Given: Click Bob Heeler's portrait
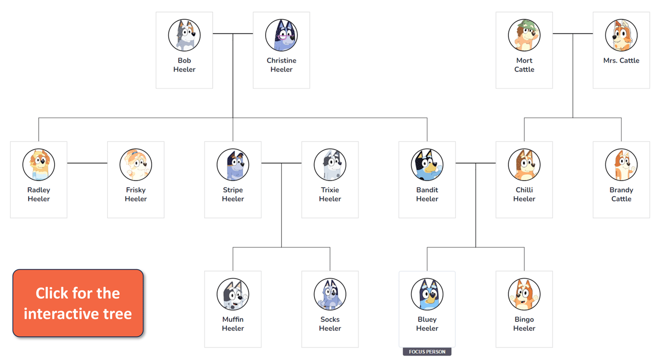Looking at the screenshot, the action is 184,35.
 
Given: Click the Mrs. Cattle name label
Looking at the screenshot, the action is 621,60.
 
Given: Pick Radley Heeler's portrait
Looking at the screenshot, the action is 39,164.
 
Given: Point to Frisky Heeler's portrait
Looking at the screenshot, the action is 136,164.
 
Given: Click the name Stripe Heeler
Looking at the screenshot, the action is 233,194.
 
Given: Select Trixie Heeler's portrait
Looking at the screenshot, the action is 330,164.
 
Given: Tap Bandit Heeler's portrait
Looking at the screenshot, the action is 427,164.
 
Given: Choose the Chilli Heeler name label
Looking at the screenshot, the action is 524,194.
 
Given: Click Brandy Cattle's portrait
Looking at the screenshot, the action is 621,164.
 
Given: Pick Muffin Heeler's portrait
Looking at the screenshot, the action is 233,294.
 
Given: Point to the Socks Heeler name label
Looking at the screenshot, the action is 330,324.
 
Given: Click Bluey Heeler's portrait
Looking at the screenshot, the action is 427,294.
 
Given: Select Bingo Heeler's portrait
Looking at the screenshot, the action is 524,294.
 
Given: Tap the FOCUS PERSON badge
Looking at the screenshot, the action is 427,351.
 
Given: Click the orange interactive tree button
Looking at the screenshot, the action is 78,303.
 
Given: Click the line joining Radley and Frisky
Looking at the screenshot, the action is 87,163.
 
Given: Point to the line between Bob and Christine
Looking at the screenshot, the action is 233,34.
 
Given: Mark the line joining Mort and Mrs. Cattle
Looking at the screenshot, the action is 573,34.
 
